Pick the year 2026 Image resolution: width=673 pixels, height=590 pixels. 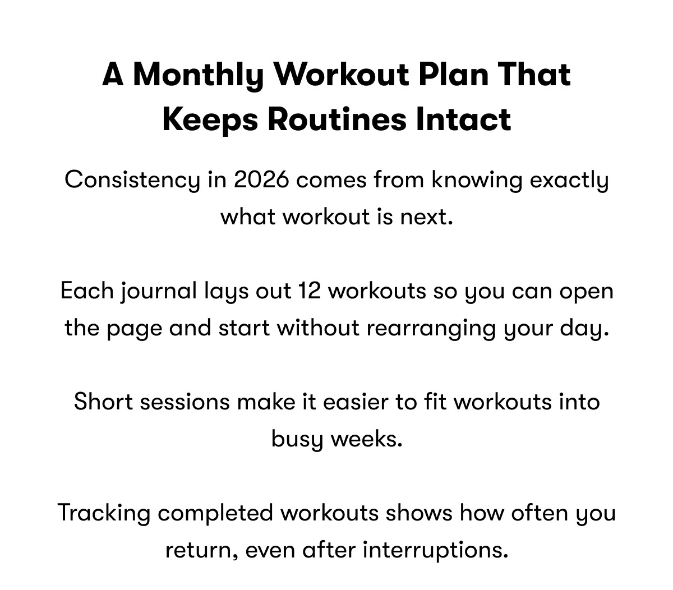(x=261, y=180)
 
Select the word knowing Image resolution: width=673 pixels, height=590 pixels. (x=476, y=180)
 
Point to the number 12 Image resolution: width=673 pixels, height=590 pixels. (x=309, y=291)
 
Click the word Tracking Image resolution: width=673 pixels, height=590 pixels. (x=104, y=513)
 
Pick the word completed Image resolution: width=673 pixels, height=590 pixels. (x=215, y=513)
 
